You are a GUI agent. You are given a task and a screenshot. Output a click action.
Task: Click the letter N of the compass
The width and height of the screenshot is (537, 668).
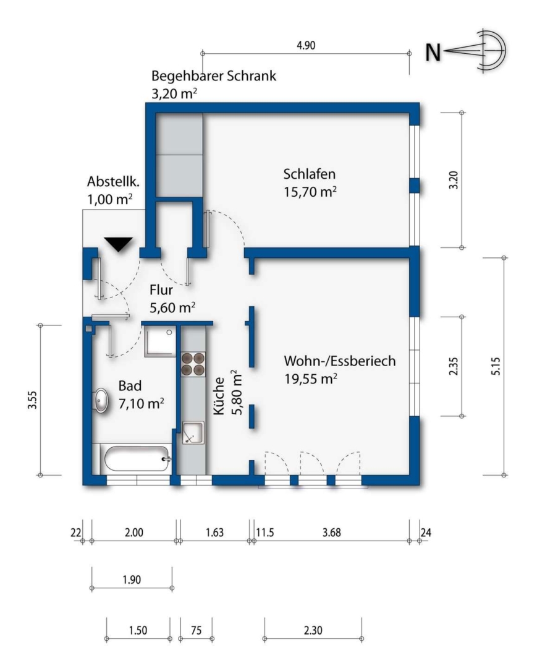(433, 53)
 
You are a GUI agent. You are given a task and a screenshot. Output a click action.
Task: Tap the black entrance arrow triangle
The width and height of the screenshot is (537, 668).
(119, 244)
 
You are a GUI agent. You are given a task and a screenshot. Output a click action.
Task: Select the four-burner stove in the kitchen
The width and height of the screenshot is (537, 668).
(192, 364)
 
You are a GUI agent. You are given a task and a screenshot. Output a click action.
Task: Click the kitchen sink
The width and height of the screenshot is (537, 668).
(193, 433)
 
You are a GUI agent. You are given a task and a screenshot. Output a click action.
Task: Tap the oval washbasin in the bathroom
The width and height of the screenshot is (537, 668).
(101, 400)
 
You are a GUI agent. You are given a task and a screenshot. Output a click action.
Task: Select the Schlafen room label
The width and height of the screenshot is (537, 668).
(310, 174)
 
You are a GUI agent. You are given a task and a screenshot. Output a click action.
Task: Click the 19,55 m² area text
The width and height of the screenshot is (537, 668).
(311, 379)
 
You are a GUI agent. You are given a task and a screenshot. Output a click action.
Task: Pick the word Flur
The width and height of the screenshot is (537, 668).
(161, 290)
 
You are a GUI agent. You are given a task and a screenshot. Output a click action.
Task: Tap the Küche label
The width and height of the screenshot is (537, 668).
(219, 396)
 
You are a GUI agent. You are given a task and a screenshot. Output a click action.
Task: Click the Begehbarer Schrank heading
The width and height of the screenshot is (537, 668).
(214, 76)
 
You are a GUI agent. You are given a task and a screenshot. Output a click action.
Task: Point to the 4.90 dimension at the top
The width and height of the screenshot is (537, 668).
(306, 45)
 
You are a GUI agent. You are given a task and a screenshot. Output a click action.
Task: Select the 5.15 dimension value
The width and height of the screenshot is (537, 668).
(496, 366)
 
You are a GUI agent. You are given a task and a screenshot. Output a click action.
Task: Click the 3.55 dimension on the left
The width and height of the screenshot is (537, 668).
(32, 400)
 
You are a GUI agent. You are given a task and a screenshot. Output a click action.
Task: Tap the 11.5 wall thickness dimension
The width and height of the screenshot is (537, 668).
(265, 533)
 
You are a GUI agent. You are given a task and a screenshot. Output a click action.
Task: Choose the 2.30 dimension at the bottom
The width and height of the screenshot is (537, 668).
(313, 630)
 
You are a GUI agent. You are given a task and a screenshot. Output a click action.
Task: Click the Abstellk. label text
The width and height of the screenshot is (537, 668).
(113, 181)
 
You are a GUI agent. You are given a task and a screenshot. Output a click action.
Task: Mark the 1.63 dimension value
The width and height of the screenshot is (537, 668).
(214, 533)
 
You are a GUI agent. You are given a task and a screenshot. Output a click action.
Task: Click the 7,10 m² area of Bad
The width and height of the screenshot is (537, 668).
(142, 403)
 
